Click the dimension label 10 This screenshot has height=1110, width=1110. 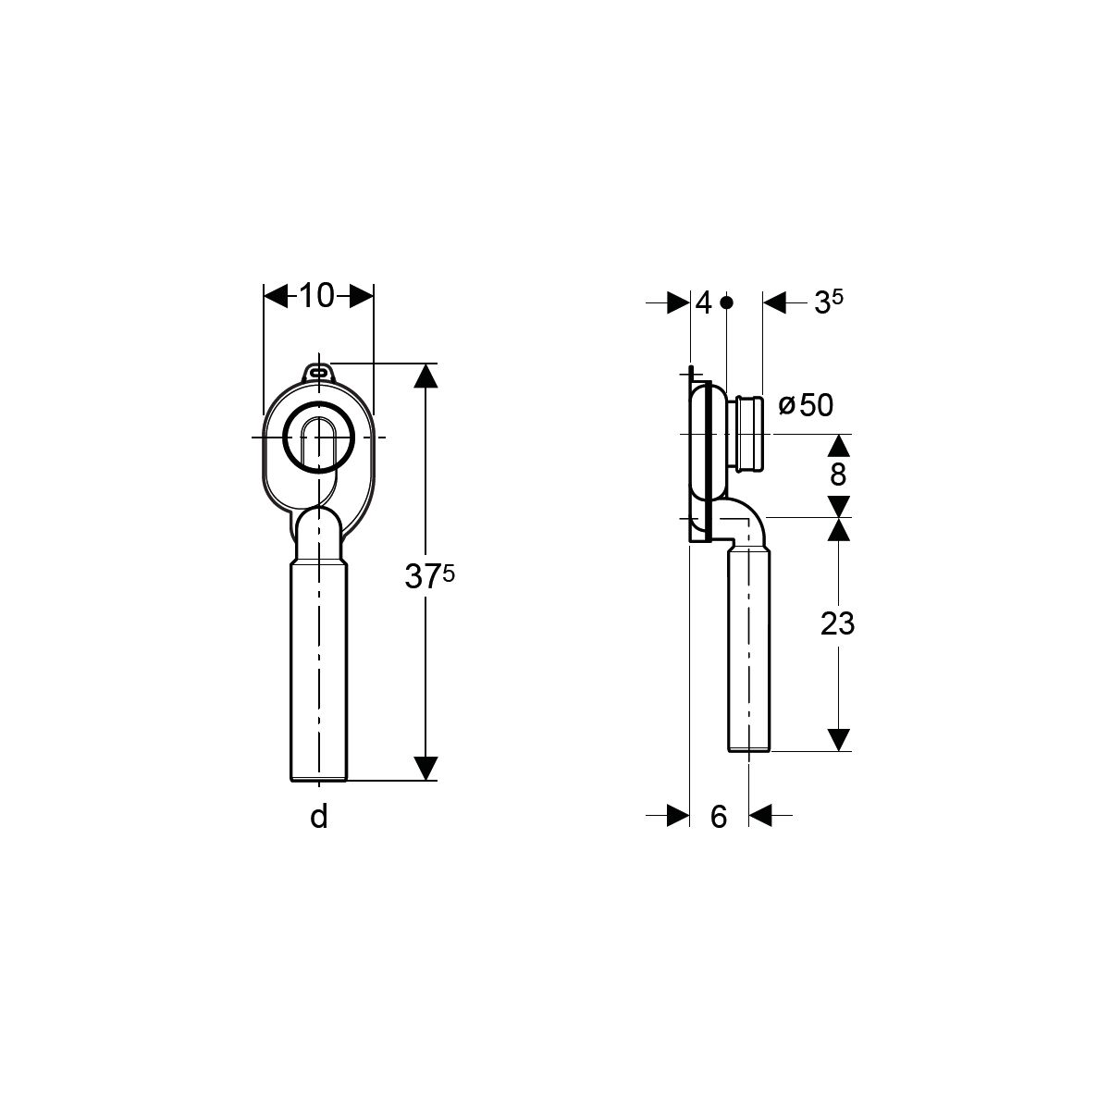[317, 295]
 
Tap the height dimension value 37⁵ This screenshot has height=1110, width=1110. [429, 576]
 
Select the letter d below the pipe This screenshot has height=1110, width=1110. [318, 816]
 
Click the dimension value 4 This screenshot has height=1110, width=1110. [703, 302]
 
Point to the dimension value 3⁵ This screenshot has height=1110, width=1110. [828, 302]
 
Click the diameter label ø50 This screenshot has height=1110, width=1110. [806, 405]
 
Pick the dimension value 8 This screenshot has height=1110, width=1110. [838, 475]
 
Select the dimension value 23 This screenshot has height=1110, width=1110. [837, 623]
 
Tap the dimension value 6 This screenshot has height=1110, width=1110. [719, 817]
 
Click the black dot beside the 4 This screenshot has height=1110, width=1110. [727, 302]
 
